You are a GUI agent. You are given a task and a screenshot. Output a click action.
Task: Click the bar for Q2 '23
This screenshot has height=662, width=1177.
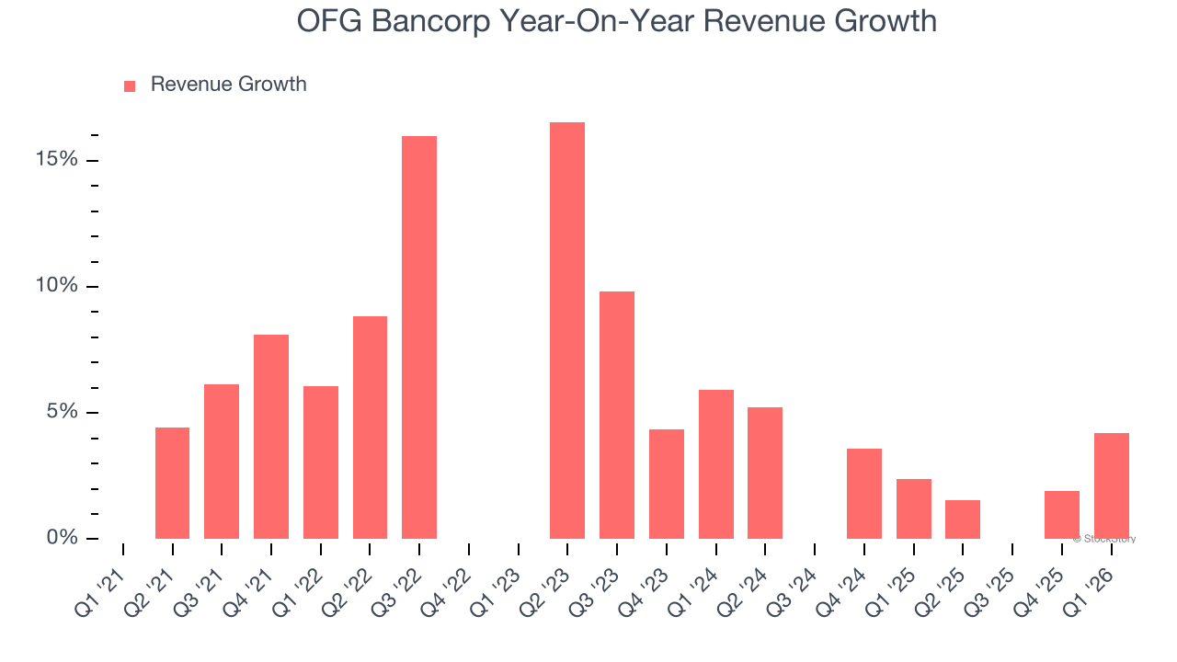[567, 330]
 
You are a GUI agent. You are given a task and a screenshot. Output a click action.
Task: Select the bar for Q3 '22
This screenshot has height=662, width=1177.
[419, 337]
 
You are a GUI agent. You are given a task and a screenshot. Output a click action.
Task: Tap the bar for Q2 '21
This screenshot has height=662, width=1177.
[173, 483]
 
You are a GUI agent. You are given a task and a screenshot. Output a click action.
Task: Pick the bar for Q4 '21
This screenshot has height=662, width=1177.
[271, 437]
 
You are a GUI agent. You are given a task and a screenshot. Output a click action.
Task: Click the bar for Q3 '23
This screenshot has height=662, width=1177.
[617, 415]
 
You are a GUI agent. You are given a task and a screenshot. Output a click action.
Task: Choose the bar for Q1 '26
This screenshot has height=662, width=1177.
[1112, 485]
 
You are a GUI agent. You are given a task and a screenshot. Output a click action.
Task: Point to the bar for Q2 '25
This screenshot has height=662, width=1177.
[963, 519]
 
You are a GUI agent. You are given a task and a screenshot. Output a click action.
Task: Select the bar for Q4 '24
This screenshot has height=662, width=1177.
[864, 494]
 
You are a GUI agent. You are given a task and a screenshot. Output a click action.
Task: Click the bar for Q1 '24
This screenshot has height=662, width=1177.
[716, 464]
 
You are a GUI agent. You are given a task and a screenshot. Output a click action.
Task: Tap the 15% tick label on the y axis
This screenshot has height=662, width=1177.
[57, 160]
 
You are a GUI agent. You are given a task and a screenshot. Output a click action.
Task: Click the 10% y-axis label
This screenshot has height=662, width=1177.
[57, 286]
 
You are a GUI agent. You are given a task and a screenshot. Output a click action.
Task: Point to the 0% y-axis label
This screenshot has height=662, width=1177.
[63, 538]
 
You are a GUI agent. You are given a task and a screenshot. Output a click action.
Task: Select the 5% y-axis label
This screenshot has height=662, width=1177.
[63, 412]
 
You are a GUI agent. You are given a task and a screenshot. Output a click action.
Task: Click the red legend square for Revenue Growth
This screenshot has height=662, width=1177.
[130, 86]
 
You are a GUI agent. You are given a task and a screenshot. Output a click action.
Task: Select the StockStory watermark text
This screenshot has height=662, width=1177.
[1104, 539]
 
